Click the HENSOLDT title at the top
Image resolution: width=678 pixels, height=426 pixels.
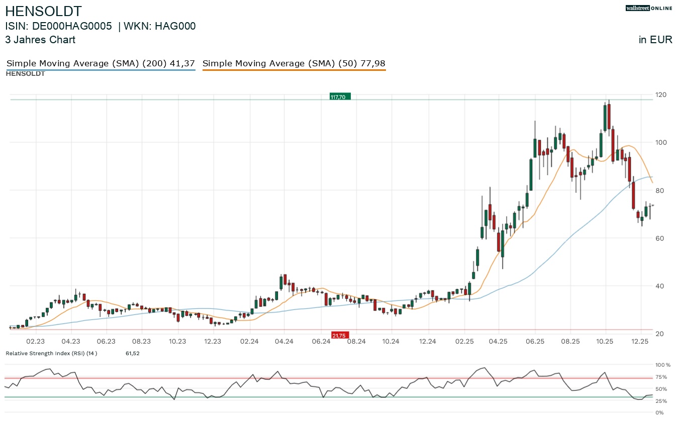pos(43,11)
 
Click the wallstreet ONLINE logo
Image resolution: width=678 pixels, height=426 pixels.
pos(648,8)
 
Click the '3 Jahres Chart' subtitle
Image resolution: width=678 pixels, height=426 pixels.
pos(40,40)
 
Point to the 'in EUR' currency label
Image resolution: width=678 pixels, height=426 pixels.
pos(655,40)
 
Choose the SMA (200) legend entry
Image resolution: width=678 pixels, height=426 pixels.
pos(101,63)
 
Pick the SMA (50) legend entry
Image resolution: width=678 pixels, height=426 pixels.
pos(294,63)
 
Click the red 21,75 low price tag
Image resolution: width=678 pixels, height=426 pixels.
pos(340,335)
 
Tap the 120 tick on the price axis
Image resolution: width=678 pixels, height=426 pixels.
pos(660,95)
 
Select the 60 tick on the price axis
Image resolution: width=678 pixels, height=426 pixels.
pos(660,238)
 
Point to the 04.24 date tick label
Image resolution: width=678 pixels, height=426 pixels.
pos(284,342)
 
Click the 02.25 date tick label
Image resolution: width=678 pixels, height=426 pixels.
pos(464,342)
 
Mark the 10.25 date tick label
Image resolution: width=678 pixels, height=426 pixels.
pos(606,342)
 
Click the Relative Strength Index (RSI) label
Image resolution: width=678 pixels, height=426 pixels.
pos(51,353)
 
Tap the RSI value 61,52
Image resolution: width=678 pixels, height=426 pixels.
pos(133,353)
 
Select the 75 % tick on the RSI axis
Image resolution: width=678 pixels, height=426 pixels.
pos(661,377)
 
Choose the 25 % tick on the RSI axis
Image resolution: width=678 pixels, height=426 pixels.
pos(661,401)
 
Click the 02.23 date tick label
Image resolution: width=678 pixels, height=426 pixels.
pos(35,342)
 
